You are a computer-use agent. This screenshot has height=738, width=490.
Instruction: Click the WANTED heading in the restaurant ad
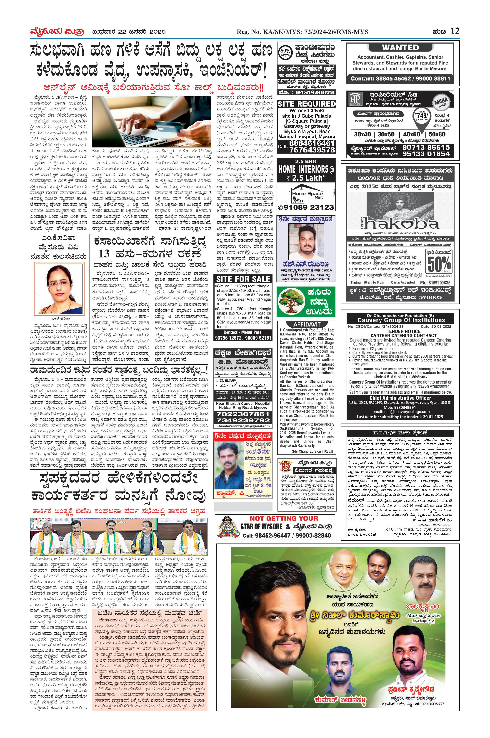click(x=400, y=47)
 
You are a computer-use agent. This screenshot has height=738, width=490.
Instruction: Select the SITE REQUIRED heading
click(x=306, y=104)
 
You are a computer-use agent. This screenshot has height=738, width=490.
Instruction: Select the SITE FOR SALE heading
click(x=243, y=279)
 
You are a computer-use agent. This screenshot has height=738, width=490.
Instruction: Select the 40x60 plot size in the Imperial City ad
click(x=412, y=134)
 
